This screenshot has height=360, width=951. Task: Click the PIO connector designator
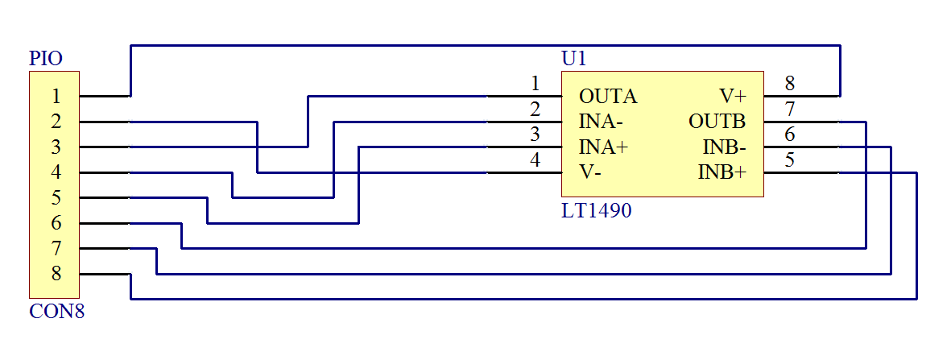click(x=46, y=59)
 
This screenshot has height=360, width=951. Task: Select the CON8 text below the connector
click(x=56, y=312)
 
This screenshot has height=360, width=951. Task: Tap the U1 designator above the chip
click(x=574, y=59)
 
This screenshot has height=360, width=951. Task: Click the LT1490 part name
click(x=596, y=212)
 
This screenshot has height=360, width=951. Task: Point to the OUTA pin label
click(x=608, y=97)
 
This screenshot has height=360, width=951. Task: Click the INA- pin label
click(x=601, y=122)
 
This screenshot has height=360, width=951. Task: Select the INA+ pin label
click(x=603, y=147)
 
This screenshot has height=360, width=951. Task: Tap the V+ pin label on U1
click(x=734, y=97)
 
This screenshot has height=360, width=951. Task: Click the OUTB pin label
click(x=717, y=122)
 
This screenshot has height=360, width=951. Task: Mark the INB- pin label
click(x=725, y=147)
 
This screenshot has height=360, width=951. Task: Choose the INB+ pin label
click(x=722, y=172)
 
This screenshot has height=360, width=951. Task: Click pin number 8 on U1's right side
click(x=790, y=83)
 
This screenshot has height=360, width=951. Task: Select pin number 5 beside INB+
click(x=790, y=159)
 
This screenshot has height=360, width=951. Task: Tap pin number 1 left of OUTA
click(x=535, y=83)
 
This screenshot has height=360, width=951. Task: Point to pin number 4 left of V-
click(x=535, y=159)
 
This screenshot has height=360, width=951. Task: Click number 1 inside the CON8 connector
click(x=56, y=97)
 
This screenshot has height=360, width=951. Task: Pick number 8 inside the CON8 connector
click(x=56, y=274)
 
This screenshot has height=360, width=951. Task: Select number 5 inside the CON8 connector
click(x=56, y=198)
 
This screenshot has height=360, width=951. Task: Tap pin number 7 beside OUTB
click(x=790, y=109)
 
